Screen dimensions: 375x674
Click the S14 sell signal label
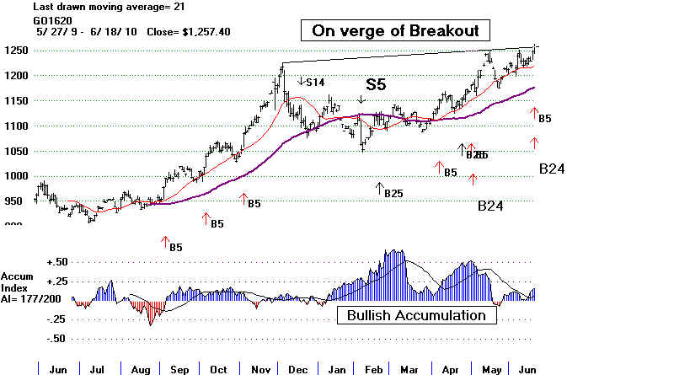point(314,82)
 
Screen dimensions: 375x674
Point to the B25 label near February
point(393,193)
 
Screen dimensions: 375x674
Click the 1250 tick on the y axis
point(16,51)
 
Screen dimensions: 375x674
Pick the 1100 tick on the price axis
point(16,126)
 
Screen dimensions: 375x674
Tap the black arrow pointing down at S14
point(301,81)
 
